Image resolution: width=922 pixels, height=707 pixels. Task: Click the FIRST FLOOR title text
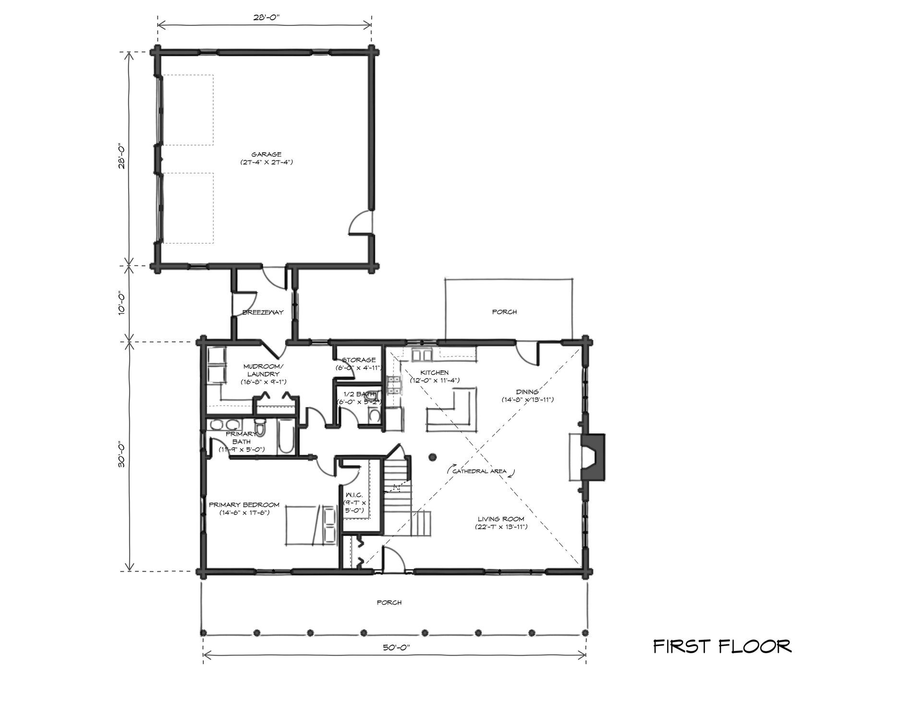pos(722,646)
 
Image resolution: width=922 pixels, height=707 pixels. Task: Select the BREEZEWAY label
pos(263,312)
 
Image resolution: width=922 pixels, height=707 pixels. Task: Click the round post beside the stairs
pos(432,457)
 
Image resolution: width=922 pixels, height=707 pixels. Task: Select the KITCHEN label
pos(435,373)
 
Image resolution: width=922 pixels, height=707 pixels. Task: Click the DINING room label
pos(527,392)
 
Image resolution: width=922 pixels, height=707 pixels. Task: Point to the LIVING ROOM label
pos(501,519)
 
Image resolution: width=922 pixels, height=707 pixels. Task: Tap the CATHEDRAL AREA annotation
pos(480,472)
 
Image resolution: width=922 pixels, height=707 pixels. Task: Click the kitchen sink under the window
pos(423,355)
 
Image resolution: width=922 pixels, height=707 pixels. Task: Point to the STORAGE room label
pos(359,360)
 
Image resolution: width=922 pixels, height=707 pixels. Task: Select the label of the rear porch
pos(504,312)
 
